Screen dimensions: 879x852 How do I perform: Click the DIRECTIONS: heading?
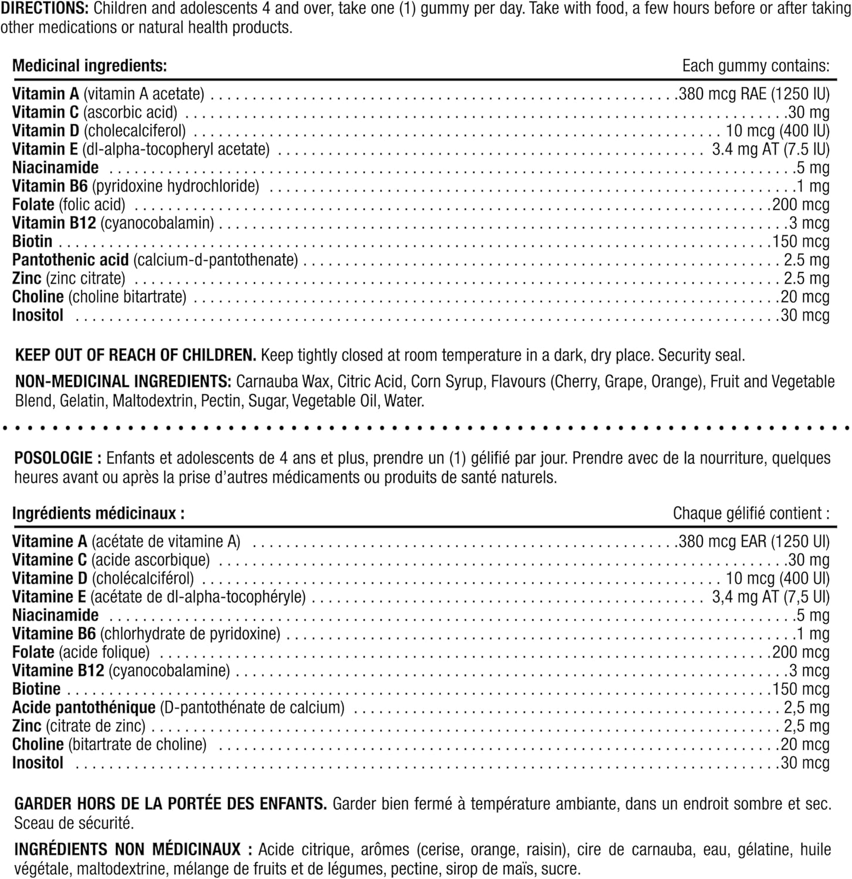click(x=44, y=9)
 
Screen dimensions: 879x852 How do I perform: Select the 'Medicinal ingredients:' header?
click(x=90, y=66)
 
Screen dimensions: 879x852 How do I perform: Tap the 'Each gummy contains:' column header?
click(x=756, y=66)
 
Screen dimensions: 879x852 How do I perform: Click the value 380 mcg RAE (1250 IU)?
click(x=753, y=94)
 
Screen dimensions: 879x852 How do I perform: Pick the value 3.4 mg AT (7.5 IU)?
click(x=770, y=149)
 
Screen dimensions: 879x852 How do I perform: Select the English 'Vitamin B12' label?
click(x=54, y=223)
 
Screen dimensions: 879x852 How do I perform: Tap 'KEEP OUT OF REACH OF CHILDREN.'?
click(x=135, y=355)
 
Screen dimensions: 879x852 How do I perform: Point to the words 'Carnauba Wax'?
click(x=283, y=381)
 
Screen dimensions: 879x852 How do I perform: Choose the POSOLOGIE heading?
click(x=53, y=458)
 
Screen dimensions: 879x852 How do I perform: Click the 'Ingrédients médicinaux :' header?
click(x=99, y=513)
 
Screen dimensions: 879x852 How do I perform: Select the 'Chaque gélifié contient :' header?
click(x=751, y=513)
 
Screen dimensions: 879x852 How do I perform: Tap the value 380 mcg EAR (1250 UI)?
click(x=753, y=541)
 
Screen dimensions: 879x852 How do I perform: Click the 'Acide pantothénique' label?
click(x=84, y=707)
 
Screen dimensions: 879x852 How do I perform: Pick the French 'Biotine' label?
click(x=36, y=689)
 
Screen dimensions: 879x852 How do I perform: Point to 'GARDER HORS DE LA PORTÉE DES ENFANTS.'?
click(x=171, y=803)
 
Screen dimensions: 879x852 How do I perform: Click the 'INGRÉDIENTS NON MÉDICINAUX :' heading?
click(x=134, y=849)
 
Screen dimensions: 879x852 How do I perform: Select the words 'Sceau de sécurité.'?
click(x=74, y=823)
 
